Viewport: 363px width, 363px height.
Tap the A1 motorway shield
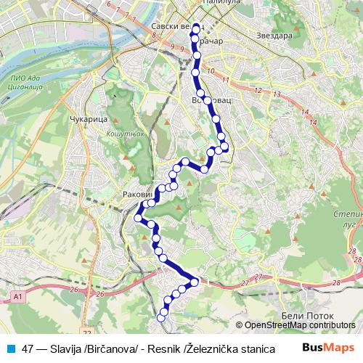(x=18, y=296)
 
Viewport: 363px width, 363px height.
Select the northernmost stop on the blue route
(x=195, y=28)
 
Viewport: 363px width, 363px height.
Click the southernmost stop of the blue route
(x=162, y=317)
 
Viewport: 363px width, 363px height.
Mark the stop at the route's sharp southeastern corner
(x=195, y=282)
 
